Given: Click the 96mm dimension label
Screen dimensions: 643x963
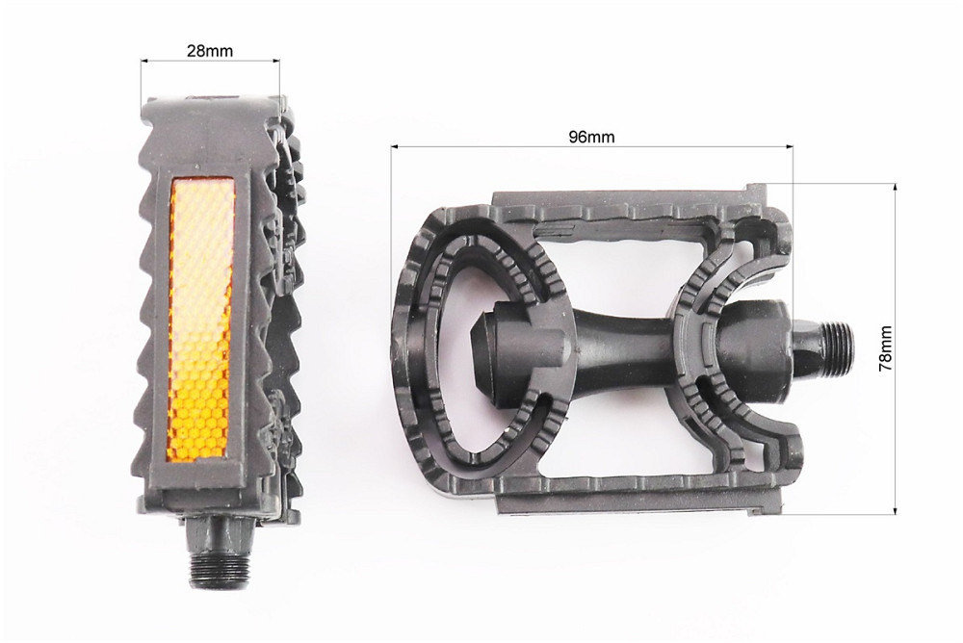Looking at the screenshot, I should (591, 137).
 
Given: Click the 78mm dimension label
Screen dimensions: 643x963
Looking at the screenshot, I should (885, 347).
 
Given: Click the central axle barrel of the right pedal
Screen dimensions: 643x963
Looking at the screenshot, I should (626, 342).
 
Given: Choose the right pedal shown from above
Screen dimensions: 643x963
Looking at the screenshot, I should (597, 347).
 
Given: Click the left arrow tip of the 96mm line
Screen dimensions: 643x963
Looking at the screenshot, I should (393, 147).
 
